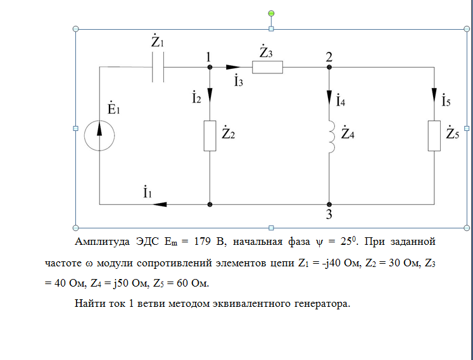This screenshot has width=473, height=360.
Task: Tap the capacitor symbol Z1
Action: [158, 66]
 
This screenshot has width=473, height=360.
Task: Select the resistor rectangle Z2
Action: [210, 135]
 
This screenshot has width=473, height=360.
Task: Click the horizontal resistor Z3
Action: [267, 66]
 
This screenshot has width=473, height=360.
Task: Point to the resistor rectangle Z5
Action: [434, 135]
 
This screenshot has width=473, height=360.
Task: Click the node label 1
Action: [208, 57]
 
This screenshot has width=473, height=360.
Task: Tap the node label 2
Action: [329, 57]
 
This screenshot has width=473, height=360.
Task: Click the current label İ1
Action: [146, 192]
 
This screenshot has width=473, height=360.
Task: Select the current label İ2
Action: [197, 98]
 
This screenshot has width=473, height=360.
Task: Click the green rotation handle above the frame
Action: [271, 13]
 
